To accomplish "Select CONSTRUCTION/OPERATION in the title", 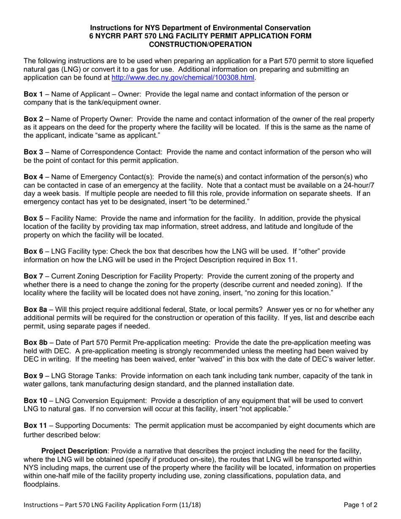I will coord(200,44).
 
